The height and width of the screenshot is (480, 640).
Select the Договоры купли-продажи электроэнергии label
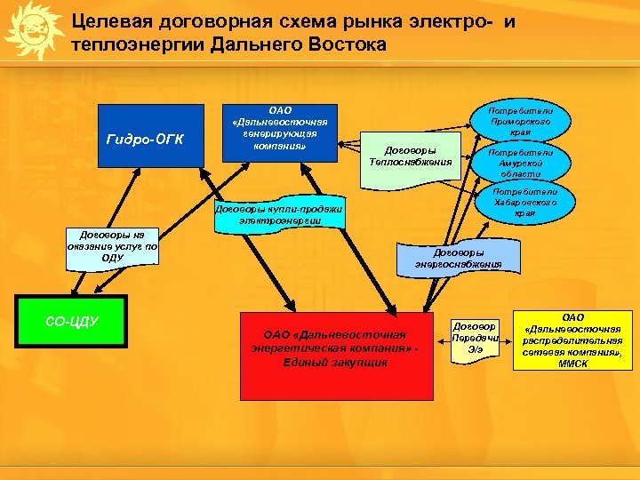(280, 212)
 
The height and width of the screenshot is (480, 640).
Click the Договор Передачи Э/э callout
(476, 338)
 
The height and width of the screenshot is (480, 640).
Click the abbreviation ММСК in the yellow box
(574, 364)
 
